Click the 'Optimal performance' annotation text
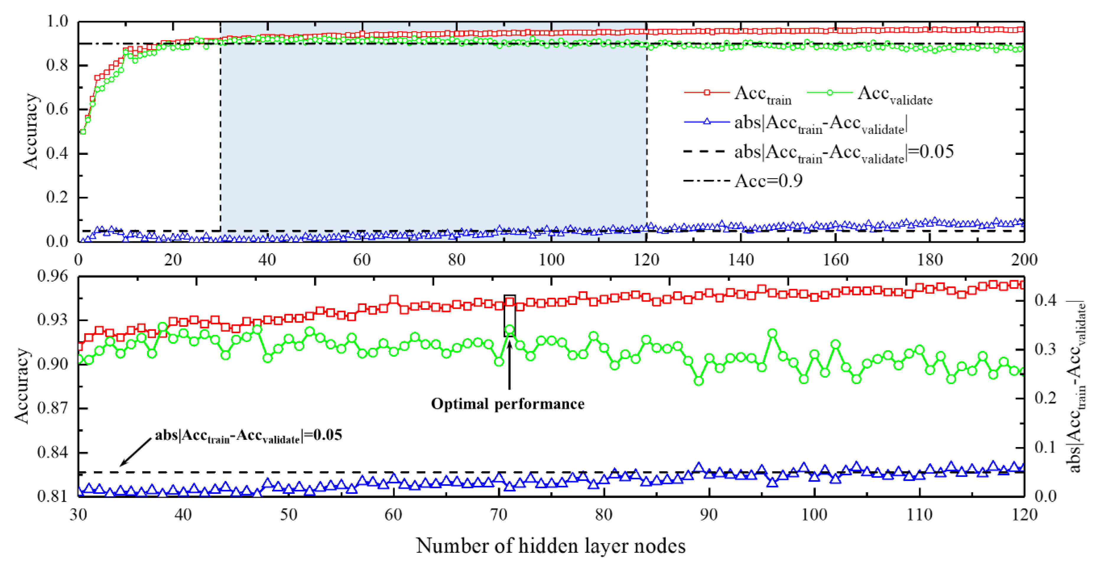pyautogui.click(x=507, y=404)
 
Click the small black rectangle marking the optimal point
pyautogui.click(x=509, y=316)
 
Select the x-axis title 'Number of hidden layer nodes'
pyautogui.click(x=550, y=545)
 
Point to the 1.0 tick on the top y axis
pyautogui.click(x=57, y=21)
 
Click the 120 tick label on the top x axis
pyautogui.click(x=646, y=259)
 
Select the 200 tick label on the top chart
pyautogui.click(x=1024, y=259)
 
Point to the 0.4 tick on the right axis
pyautogui.click(x=1045, y=300)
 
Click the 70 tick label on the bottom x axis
pyautogui.click(x=498, y=514)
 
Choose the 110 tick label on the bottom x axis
pyautogui.click(x=919, y=514)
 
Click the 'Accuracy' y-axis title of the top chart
pyautogui.click(x=31, y=131)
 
